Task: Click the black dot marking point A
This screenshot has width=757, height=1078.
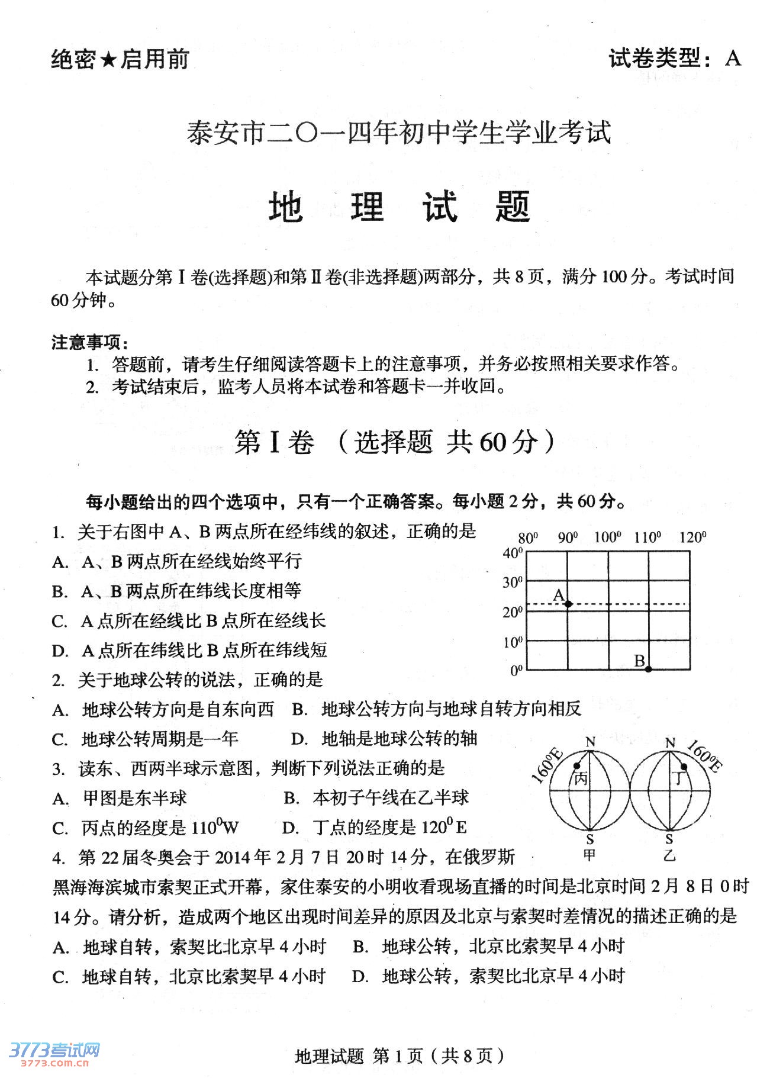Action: [568, 604]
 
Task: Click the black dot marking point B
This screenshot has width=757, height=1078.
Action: [649, 669]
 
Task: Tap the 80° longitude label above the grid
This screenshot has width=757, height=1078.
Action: [528, 538]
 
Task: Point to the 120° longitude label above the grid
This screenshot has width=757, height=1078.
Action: [692, 537]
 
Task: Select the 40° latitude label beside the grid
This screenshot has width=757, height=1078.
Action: [513, 553]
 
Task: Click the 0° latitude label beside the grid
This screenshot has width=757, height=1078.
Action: [516, 670]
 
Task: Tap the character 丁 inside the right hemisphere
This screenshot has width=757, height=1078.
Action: [679, 778]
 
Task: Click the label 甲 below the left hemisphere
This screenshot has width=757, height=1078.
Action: [590, 855]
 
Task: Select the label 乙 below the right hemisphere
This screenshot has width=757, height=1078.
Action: [669, 855]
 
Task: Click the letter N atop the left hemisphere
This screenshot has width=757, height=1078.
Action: [590, 742]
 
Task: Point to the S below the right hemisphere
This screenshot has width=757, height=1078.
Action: [669, 839]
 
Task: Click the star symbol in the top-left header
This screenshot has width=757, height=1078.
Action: [108, 59]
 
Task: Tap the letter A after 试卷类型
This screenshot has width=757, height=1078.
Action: [733, 58]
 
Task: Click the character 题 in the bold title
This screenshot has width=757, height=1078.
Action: [513, 207]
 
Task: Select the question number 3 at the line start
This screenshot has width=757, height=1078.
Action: [57, 769]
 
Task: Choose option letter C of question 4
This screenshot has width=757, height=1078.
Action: [60, 977]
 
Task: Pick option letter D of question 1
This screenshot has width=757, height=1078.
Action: [60, 651]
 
